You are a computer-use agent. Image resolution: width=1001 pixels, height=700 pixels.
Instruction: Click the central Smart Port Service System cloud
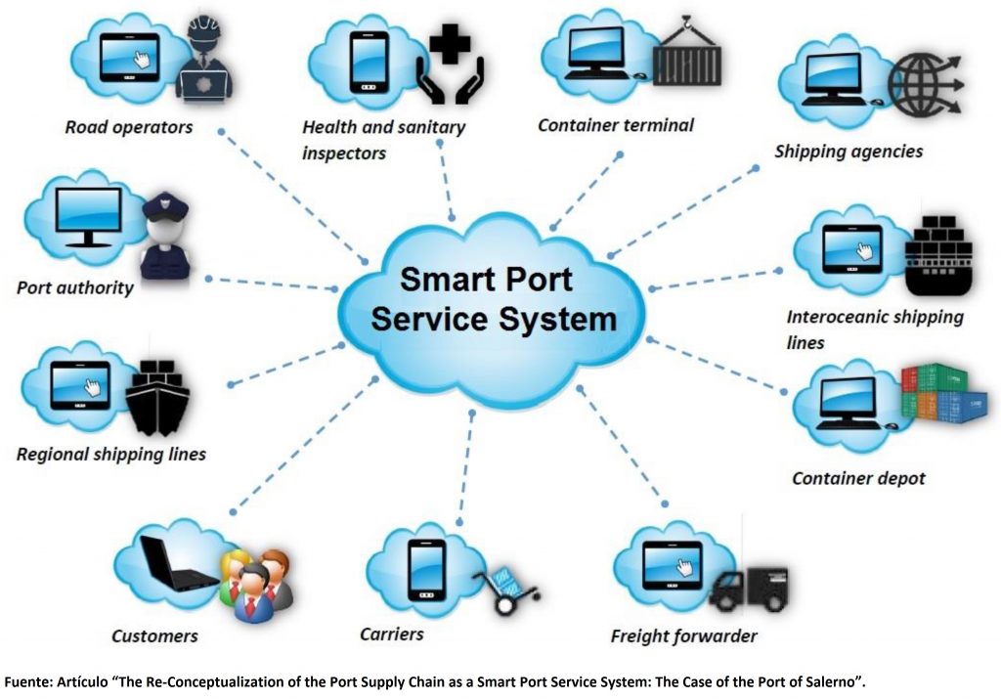(494, 299)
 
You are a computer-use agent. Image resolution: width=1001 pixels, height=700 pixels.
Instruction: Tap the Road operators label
(129, 127)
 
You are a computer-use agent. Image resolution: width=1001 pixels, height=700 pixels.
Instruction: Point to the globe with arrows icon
(929, 78)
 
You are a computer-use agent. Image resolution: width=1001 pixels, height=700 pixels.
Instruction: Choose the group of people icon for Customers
(256, 582)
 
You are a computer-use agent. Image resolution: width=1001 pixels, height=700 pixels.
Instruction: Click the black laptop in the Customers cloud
(177, 563)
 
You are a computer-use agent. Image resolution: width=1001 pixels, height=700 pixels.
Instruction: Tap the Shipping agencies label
(849, 152)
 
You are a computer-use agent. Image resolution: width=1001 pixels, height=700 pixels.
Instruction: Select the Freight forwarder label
(683, 636)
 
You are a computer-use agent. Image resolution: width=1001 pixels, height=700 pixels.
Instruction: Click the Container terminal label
(615, 125)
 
